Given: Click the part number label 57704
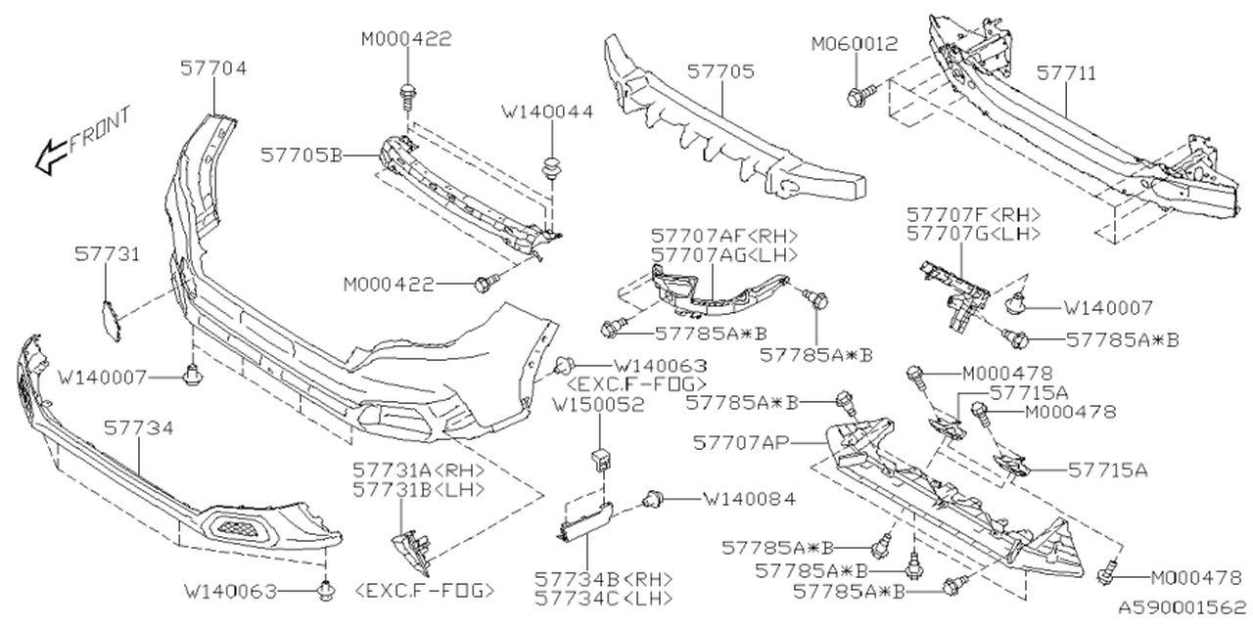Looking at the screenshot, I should click(x=212, y=68).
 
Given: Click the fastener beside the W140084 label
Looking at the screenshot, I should click(x=650, y=500).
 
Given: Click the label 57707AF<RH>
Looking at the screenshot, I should click(x=724, y=236).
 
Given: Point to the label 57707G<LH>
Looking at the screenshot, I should click(x=973, y=234).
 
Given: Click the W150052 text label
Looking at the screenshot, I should click(x=597, y=402).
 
